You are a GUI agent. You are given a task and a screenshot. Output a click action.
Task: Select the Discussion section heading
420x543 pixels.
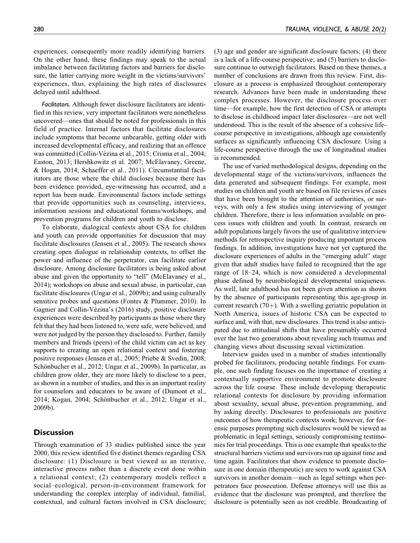[x=54, y=432]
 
